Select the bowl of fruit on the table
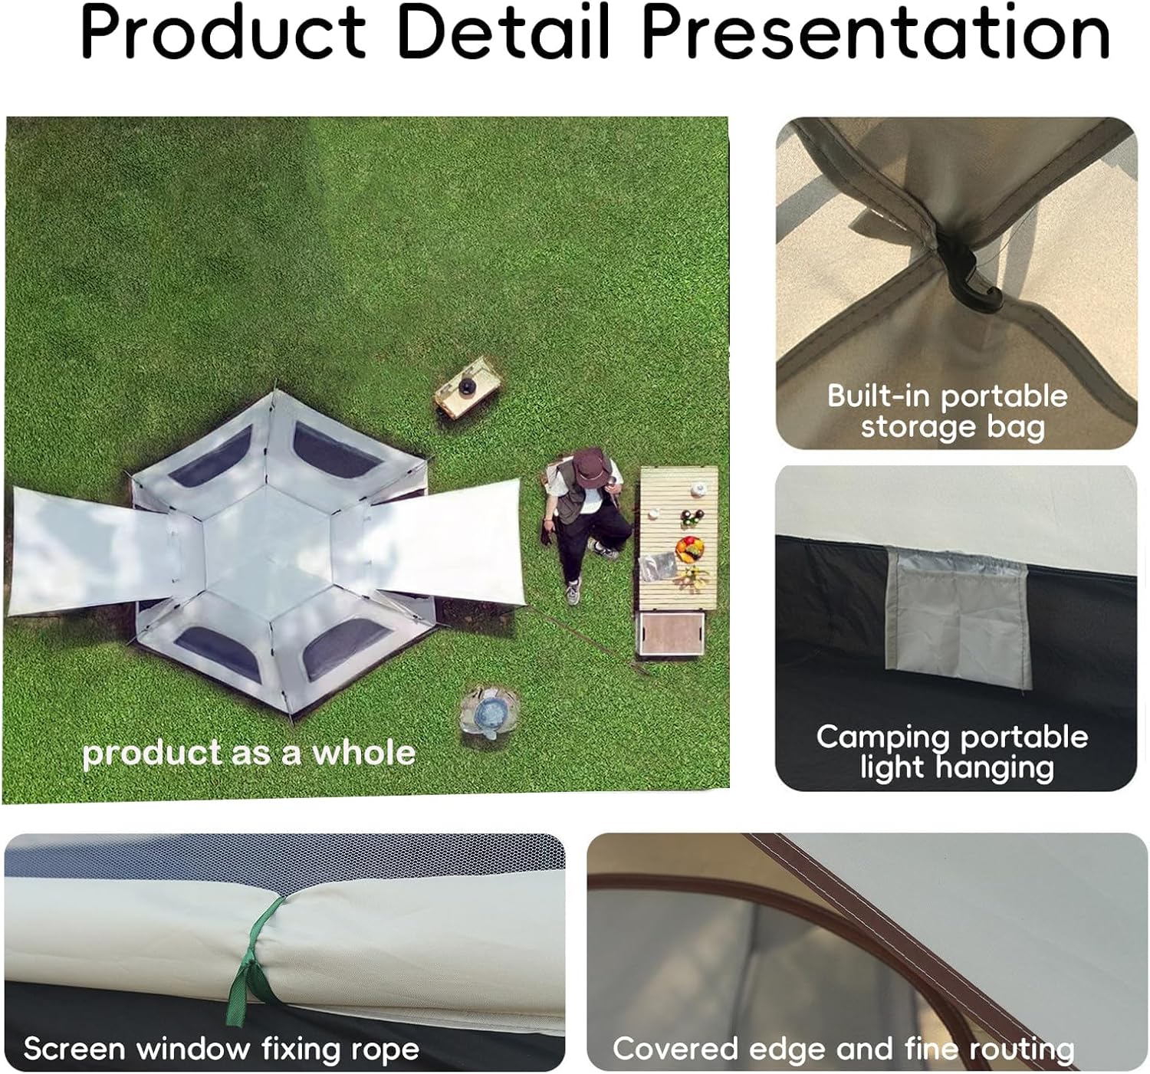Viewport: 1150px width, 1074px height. coord(690,549)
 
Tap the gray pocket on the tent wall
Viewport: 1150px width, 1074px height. coord(959,617)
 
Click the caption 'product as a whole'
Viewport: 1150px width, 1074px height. coord(249,753)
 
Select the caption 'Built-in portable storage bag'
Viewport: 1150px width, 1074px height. coord(948,412)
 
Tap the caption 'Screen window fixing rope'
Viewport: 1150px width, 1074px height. coord(222,1049)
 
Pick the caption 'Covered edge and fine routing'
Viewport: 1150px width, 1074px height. coord(843,1049)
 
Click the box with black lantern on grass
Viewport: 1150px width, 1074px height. coord(467,388)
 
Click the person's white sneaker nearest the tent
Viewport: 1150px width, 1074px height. coord(572,592)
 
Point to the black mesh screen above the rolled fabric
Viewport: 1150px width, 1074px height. coord(284,854)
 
